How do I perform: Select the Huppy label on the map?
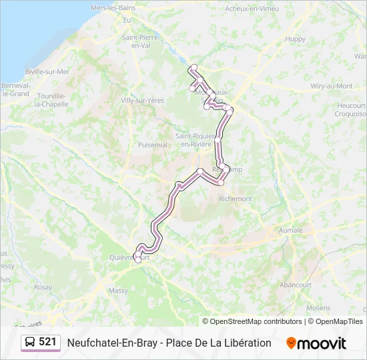tap(295, 39)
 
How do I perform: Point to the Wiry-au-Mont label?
tap(332, 86)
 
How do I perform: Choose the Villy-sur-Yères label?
tap(142, 100)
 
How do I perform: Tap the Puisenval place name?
tap(152, 144)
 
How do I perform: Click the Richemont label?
tap(236, 199)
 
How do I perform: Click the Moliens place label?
tap(318, 308)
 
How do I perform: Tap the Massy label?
tap(118, 291)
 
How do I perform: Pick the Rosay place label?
tap(43, 287)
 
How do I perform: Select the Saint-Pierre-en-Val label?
tap(140, 41)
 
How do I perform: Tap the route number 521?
tap(47, 342)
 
